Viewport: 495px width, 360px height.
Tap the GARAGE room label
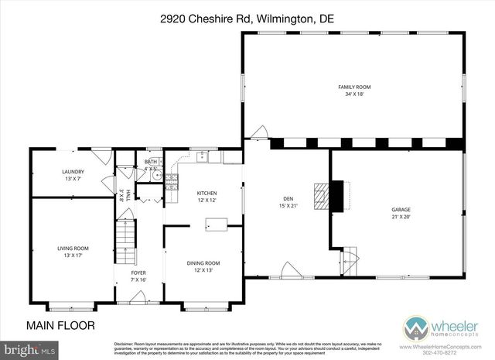coord(400,210)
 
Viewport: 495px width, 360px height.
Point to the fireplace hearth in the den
coord(320,194)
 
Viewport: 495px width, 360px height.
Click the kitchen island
coord(216,225)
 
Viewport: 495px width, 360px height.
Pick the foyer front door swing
coord(138,297)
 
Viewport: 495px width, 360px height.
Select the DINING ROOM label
coord(203,262)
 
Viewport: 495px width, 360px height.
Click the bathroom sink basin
coord(155,176)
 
